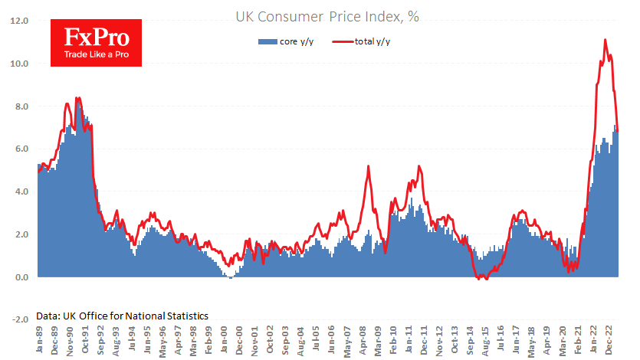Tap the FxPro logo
[x=90, y=42]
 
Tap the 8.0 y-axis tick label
[x=20, y=106]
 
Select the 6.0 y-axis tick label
[x=20, y=149]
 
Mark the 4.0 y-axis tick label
[x=20, y=191]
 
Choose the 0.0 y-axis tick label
[x=20, y=277]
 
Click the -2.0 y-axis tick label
[x=18, y=319]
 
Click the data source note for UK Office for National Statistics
[x=122, y=315]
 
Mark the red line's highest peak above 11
[x=606, y=40]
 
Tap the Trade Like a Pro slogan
[x=90, y=55]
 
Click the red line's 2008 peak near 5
[x=369, y=166]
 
